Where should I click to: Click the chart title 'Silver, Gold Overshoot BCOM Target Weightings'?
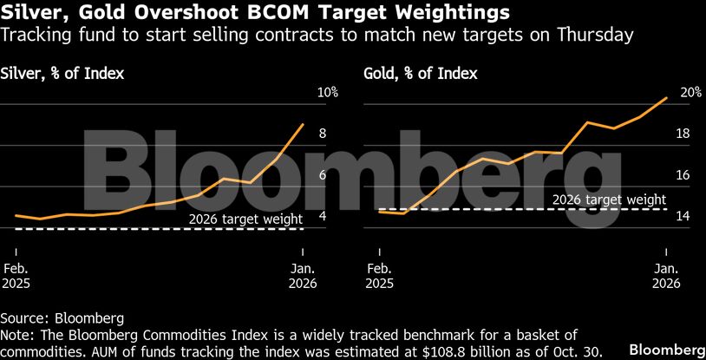pos(255,13)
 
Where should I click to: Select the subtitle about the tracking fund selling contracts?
pos(317,36)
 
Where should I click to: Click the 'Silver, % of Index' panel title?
pos(62,73)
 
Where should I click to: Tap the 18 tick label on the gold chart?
pos(683,134)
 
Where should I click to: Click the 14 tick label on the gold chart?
pos(683,217)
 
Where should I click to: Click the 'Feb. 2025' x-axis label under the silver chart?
pos(16,275)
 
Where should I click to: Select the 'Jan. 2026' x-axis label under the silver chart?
pos(303,275)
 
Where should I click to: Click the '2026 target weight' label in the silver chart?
pos(246,219)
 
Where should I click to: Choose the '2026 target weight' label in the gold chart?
pos(610,199)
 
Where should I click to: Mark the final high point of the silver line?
pos(303,124)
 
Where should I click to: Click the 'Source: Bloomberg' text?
pos(62,317)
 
